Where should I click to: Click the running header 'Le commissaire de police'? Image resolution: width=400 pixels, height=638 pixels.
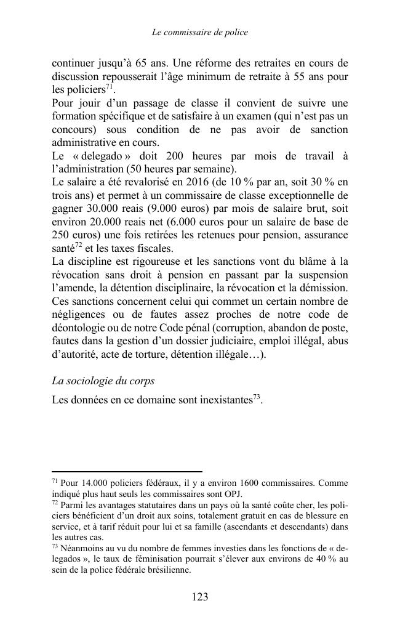200,32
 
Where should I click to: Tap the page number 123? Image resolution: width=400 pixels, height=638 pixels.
200,597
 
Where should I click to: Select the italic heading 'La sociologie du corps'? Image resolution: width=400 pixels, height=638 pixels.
103,381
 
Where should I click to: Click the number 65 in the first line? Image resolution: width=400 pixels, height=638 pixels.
158,63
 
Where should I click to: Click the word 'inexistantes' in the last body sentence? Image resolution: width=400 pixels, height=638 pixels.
222,400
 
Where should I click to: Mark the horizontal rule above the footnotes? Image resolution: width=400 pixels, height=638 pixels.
127,472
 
